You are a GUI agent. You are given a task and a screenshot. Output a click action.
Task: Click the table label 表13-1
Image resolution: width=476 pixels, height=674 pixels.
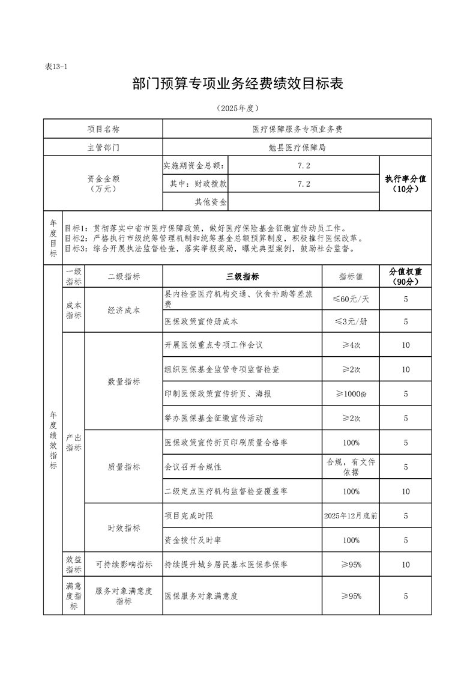[x=56, y=67]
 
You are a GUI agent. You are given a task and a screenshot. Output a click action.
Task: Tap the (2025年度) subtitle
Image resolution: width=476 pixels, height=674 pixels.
[x=237, y=109]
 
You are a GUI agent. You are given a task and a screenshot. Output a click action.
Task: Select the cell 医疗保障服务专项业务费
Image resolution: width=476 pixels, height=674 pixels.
[x=297, y=129]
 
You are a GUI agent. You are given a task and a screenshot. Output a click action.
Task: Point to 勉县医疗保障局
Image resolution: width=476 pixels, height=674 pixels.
[x=297, y=147]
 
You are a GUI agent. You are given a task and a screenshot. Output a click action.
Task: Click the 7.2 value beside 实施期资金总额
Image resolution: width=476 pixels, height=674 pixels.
[x=304, y=165]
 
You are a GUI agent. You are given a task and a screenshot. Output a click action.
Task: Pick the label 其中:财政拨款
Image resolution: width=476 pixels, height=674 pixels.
[x=195, y=184]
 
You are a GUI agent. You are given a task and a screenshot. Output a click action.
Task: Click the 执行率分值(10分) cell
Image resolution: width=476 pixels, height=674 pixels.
[x=406, y=183]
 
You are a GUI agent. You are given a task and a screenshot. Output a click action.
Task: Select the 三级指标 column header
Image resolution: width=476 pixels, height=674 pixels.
[x=243, y=277]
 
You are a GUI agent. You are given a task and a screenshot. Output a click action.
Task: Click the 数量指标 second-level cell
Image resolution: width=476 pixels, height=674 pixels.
[x=124, y=381]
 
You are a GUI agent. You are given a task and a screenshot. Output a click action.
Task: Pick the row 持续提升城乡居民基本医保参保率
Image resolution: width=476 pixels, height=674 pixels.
[x=226, y=565]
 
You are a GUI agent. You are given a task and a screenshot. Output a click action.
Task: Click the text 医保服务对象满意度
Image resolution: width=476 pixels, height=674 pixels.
[x=202, y=596]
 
